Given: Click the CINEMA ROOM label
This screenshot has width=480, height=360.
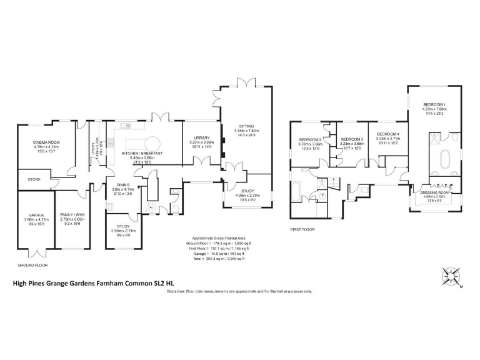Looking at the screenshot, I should click(46, 142).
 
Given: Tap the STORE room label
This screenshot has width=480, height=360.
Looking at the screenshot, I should click(34, 179).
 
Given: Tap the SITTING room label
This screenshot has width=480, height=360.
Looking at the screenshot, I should click(245, 125).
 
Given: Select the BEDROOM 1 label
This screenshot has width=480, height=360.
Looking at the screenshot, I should click(434, 104).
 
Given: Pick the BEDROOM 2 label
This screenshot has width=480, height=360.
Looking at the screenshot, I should click(310, 139).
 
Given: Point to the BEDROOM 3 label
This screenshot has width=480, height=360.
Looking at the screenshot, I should click(352, 139).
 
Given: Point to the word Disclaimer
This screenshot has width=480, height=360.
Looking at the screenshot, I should click(177, 291).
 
